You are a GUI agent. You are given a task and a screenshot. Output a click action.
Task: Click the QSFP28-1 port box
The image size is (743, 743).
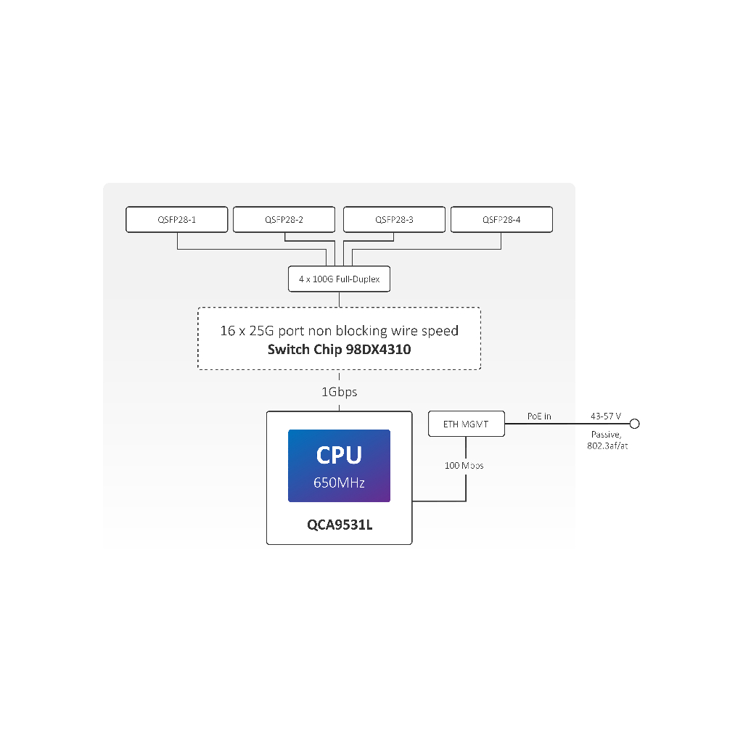[x=177, y=219]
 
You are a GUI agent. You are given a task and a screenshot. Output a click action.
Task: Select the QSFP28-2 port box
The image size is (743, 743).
[x=284, y=219]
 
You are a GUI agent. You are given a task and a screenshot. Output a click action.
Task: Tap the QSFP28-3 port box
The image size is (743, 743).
[x=394, y=219]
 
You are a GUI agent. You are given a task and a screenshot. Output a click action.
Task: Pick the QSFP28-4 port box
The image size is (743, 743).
[x=501, y=219]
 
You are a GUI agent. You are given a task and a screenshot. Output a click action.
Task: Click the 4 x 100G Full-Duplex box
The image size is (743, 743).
[x=339, y=279]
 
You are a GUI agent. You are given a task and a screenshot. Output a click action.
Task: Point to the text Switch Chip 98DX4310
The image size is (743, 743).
[x=339, y=349]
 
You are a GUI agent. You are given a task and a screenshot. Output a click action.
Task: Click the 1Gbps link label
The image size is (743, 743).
[x=339, y=392]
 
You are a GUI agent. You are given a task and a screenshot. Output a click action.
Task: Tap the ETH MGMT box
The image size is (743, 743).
[x=466, y=424]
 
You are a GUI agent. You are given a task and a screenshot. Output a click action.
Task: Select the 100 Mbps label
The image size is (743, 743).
[x=464, y=465]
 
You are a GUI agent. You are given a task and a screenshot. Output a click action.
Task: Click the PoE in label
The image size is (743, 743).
[x=539, y=416]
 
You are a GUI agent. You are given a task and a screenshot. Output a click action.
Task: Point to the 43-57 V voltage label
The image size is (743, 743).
[x=606, y=416]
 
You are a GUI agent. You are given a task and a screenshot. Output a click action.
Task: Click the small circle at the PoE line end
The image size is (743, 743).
[x=634, y=424]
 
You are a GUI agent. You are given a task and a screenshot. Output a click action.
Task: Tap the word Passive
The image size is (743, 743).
[x=606, y=434]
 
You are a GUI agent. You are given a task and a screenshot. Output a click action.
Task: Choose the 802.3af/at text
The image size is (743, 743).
[x=607, y=446]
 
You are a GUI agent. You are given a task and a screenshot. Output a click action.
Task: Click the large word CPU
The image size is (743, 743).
[x=339, y=455]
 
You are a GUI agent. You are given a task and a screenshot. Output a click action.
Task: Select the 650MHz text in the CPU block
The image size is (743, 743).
[x=339, y=482]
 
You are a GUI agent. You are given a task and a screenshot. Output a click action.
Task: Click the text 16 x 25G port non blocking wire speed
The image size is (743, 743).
[x=339, y=331]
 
